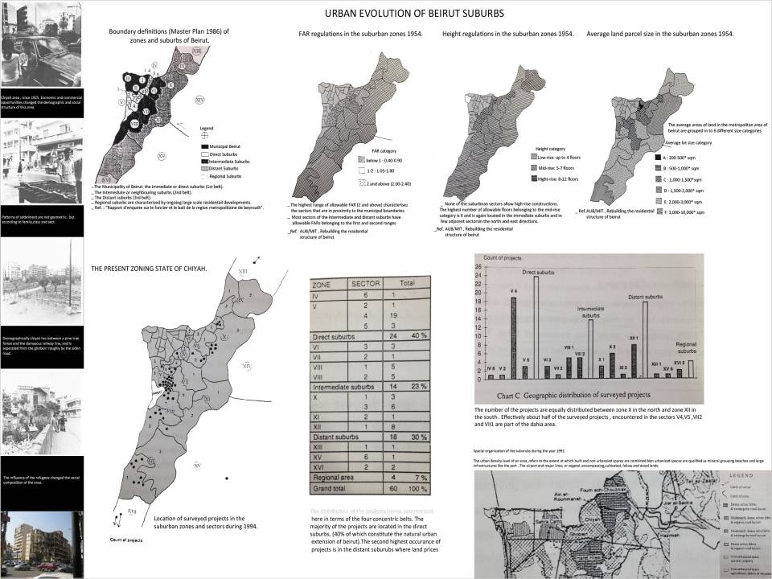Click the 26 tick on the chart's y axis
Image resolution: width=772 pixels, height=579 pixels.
(x=480, y=268)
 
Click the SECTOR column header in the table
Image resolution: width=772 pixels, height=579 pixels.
(x=366, y=284)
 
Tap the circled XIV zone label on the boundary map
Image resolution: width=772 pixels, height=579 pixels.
(x=199, y=99)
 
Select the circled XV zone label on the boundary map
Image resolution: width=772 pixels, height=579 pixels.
(x=162, y=154)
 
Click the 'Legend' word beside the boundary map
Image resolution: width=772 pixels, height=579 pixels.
(x=207, y=128)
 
